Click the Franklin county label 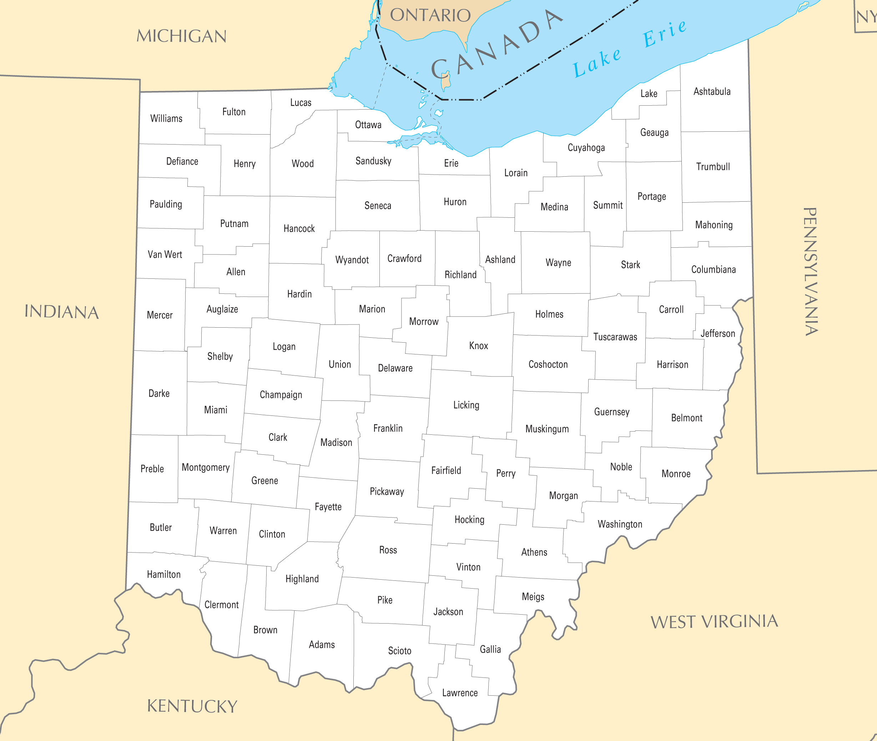pos(388,428)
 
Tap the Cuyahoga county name pos(586,147)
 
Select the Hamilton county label pos(163,574)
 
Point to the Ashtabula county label pos(712,92)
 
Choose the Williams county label pos(166,119)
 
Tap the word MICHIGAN pos(181,36)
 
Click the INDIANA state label pos(62,312)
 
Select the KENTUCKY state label pos(192,706)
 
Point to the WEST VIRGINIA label pos(714,622)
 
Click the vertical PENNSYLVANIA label pos(810,271)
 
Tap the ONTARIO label pos(430,16)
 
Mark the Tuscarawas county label pos(615,337)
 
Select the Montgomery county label pos(205,468)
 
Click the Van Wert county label pos(165,254)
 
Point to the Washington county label pos(620,524)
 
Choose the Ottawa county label pos(368,125)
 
